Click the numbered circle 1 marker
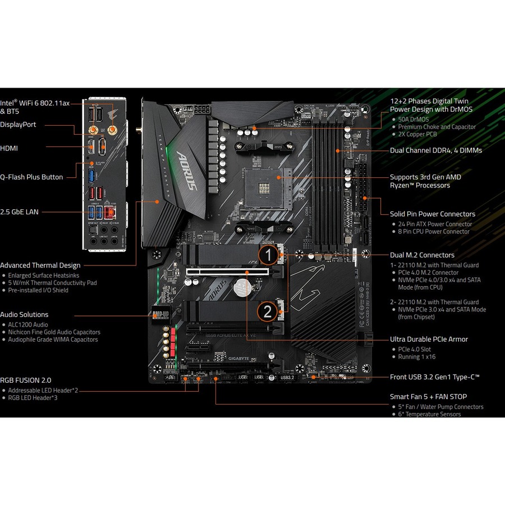(269, 256)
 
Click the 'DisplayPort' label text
(18, 125)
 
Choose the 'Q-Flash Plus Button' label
(31, 177)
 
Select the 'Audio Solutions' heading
(24, 315)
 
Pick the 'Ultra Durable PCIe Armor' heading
(429, 339)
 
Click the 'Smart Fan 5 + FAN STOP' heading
(428, 397)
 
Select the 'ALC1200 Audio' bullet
(28, 325)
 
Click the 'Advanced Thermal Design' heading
(40, 265)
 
